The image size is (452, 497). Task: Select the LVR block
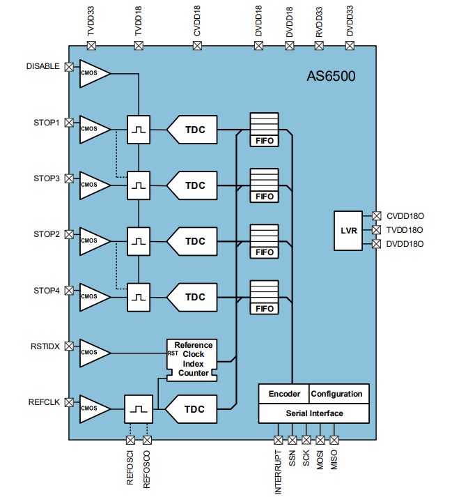tap(349, 229)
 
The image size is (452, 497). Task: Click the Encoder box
tap(283, 394)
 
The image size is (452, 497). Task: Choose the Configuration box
tap(338, 394)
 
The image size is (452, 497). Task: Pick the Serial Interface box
tap(313, 413)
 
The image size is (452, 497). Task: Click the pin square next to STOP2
tap(69, 234)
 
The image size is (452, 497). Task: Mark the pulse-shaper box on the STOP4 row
tap(139, 297)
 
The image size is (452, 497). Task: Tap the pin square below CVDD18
tap(197, 46)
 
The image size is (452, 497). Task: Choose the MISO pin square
tap(334, 440)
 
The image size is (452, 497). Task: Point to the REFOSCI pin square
tap(130, 440)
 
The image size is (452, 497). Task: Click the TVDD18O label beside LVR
tap(404, 229)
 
